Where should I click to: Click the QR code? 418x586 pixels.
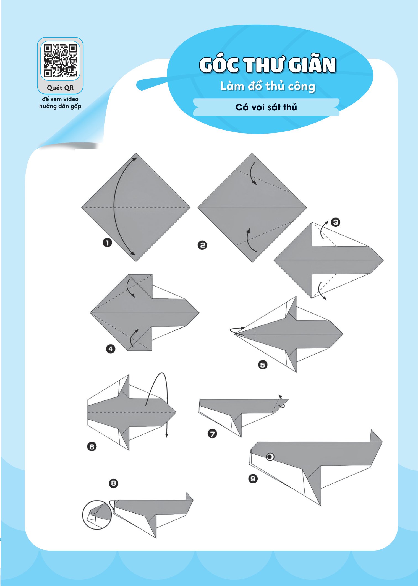pos(60,61)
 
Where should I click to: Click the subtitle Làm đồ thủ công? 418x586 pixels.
pos(268,86)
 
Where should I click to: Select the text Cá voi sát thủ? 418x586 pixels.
pos(266,107)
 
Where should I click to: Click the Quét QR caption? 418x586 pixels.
pos(60,88)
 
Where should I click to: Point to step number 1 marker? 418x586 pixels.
pos(107,243)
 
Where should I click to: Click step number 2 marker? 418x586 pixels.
pos(202,245)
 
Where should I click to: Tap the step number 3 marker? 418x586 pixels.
pos(335,222)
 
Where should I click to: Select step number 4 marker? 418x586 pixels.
pos(111,349)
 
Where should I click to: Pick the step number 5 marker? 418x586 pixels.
pos(263,365)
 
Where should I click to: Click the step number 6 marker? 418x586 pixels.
pos(92,447)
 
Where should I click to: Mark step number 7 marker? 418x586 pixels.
pos(212,434)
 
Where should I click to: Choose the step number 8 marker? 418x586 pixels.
pos(114,483)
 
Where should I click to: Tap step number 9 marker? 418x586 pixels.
pos(253,478)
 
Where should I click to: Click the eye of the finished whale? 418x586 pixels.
pos(270,457)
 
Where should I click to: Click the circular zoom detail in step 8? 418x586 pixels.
pos(97,515)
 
